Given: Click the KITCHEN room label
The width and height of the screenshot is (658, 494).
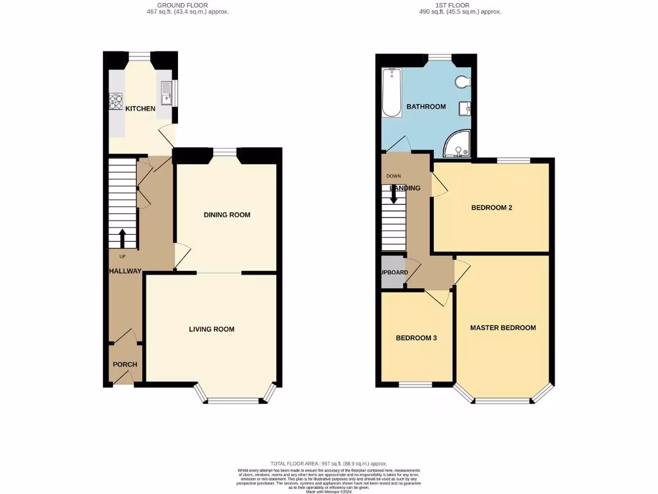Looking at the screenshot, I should coord(140,109).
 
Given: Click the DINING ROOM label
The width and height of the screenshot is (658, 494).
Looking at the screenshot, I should coord(227,215).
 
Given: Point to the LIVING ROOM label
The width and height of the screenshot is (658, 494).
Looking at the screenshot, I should coord(211,329).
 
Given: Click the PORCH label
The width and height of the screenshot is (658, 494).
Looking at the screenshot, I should coord(125,365).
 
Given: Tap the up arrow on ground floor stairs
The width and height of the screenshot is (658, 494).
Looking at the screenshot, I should coord(122,238).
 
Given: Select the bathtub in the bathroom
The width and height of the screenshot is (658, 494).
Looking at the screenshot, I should coord(391,93).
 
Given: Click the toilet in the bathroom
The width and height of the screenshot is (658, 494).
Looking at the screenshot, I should coord(463,82).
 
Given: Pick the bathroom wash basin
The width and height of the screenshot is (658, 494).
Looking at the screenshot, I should coord(465,108).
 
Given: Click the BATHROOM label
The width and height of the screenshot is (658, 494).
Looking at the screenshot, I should coord(425,107).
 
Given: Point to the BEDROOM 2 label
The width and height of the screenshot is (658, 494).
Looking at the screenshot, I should coord(491,208).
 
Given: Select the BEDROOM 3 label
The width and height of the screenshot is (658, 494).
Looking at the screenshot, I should coord(416,338).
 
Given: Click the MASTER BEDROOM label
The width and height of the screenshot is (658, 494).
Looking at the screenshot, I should coord(502,328).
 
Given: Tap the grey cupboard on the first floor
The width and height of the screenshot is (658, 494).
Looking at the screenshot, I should coord(393,272).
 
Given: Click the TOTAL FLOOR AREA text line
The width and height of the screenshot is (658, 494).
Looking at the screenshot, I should coord(328,463).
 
